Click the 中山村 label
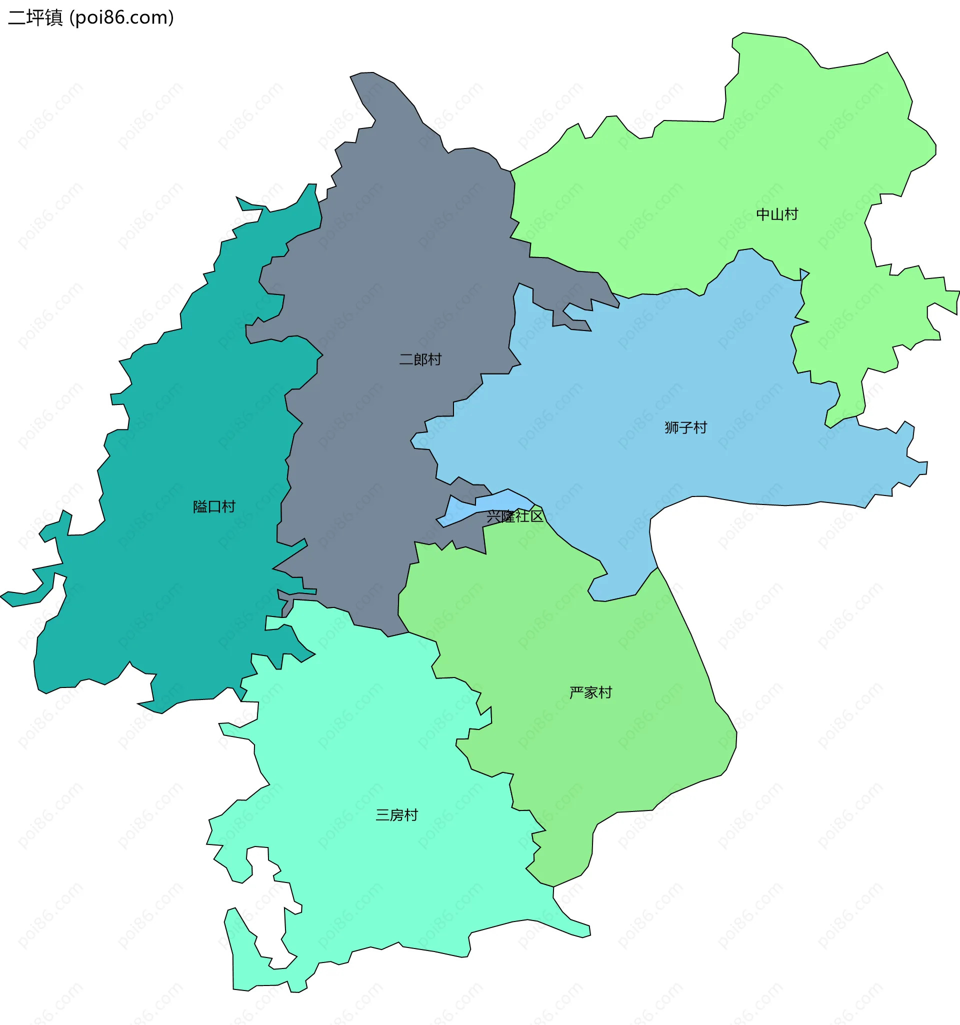(x=777, y=214)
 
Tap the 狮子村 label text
(x=685, y=428)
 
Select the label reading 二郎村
(x=420, y=359)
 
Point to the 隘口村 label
(x=214, y=507)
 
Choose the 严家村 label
(x=590, y=692)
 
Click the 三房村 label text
(x=396, y=815)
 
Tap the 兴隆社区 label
(x=515, y=516)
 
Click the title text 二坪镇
(x=35, y=17)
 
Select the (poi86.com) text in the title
(x=121, y=17)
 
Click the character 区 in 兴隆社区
(x=536, y=516)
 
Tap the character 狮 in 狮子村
(x=671, y=428)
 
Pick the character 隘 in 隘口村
(x=200, y=507)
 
